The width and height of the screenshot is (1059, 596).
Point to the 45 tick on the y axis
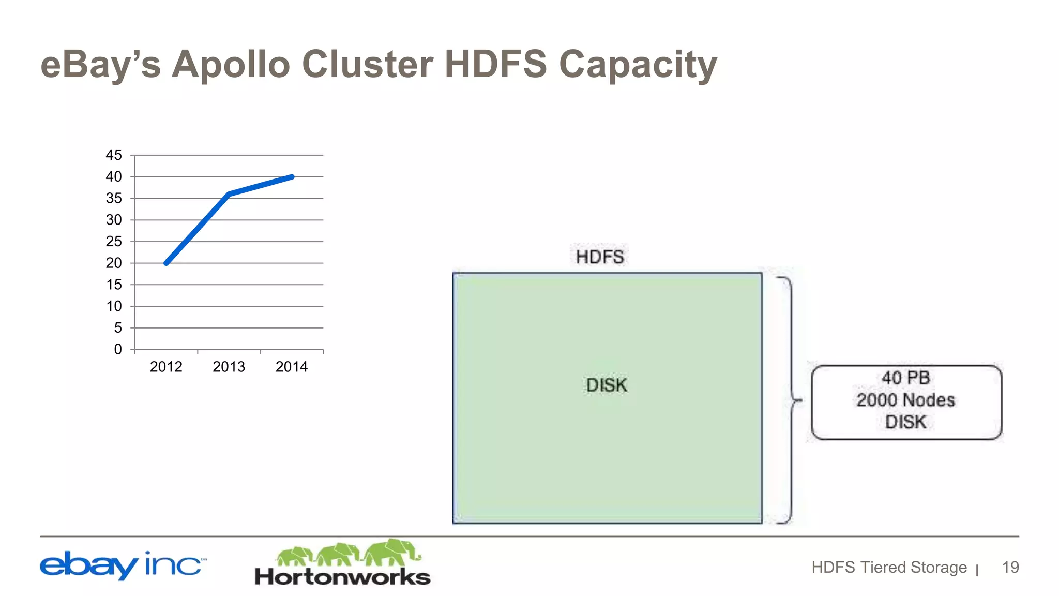pos(114,155)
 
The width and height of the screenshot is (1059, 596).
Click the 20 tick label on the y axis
pos(114,263)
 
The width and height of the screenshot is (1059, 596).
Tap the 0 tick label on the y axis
pos(118,349)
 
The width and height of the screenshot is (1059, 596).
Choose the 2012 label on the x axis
pos(166,367)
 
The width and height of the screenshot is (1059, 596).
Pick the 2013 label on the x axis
pos(229,367)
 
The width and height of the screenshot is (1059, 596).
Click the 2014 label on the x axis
pos(292,367)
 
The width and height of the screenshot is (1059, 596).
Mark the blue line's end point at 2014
pos(292,177)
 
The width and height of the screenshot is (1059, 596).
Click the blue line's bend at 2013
pos(229,194)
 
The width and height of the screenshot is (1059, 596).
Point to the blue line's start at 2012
pos(166,263)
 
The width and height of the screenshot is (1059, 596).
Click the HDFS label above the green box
pos(600,257)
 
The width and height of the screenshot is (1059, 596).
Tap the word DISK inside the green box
pos(607,385)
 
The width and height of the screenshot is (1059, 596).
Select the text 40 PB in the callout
pos(906,378)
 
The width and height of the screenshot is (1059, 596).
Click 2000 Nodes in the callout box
pos(906,400)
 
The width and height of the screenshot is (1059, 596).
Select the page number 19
pos(1010,567)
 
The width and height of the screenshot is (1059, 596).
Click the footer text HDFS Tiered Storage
pos(889,567)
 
